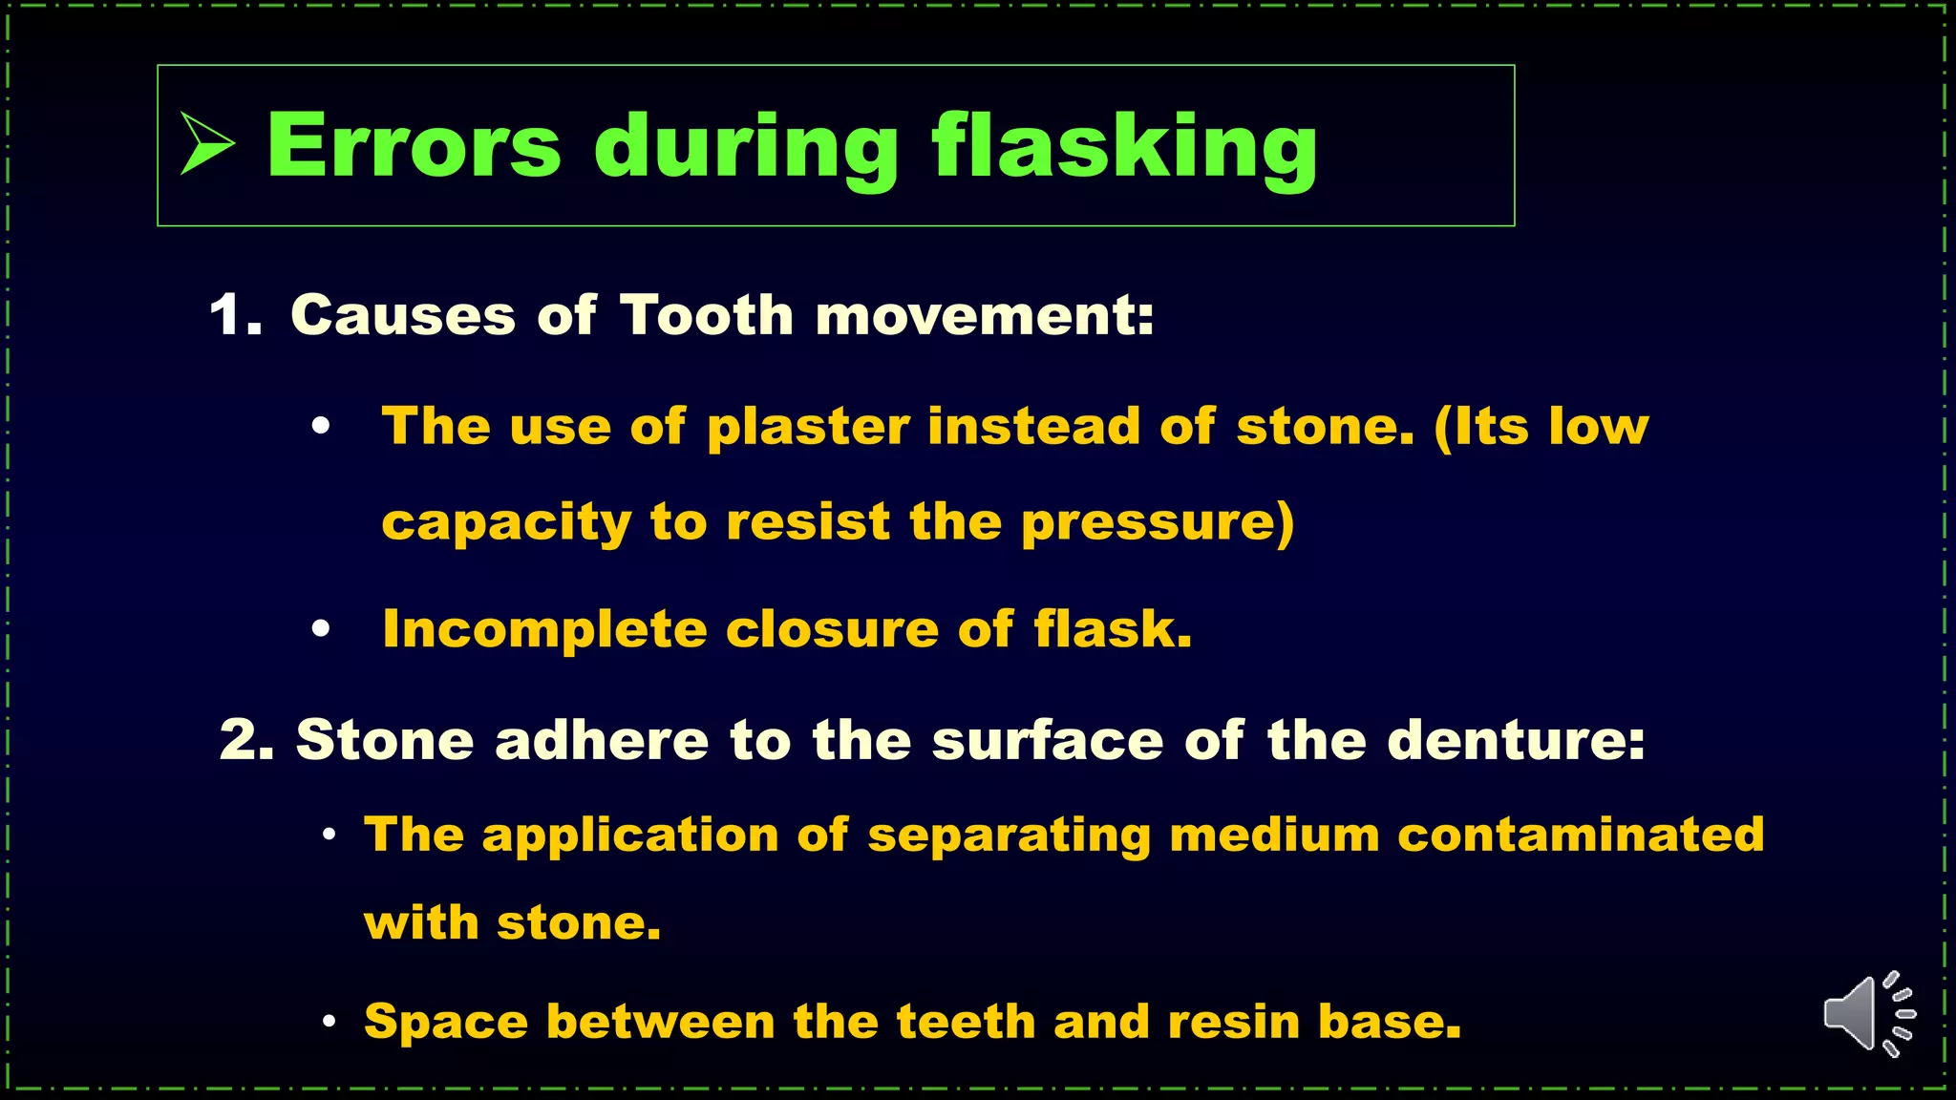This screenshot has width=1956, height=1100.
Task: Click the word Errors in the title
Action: coord(414,146)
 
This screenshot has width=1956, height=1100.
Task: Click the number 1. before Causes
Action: coord(235,315)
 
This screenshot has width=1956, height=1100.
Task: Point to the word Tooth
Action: coord(707,315)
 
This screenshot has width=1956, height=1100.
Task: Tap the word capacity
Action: coord(507,523)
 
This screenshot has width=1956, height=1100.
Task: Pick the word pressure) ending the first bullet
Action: coord(1158,523)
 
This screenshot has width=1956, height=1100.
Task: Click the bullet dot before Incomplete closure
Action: coord(321,629)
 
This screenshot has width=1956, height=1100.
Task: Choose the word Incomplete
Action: coord(544,630)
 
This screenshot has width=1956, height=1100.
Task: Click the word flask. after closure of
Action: coord(1113,630)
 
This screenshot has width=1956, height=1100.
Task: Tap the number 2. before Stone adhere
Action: coord(247,740)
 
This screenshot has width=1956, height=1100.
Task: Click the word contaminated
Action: coord(1581,835)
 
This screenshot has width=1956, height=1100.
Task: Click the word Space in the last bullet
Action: coord(446,1023)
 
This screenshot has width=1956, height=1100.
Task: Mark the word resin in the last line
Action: coord(1233,1023)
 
